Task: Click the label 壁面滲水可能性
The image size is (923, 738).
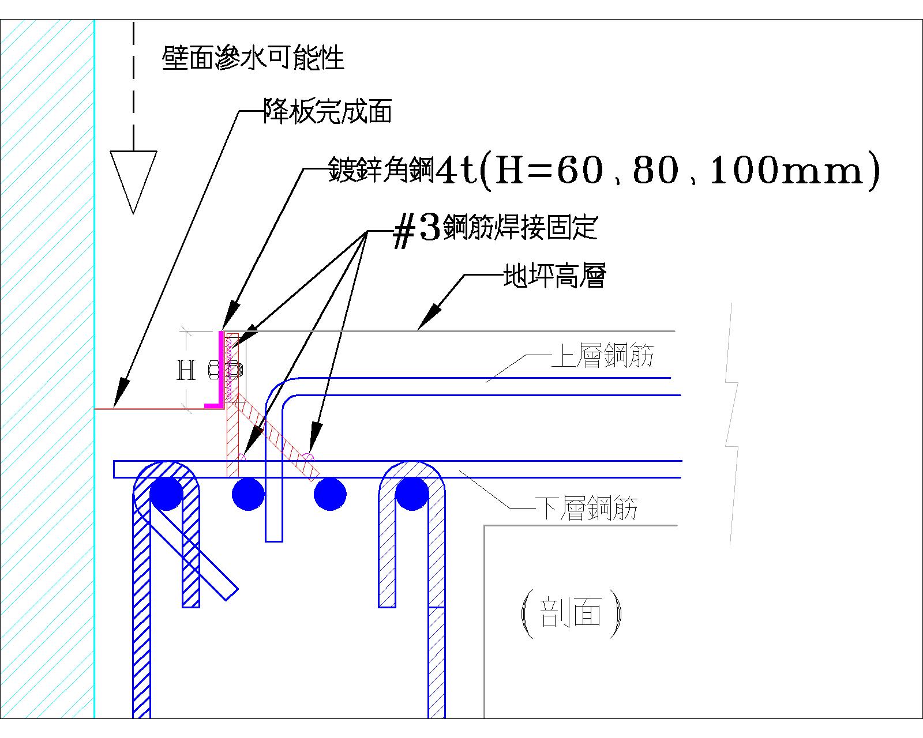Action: coord(253,58)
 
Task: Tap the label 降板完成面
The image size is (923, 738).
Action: coord(327,111)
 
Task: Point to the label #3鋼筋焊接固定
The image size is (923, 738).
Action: coord(494,228)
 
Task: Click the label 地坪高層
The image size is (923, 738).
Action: coord(554,277)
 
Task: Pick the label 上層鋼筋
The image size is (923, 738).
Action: coord(602,356)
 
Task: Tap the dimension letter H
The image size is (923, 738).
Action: coord(185,371)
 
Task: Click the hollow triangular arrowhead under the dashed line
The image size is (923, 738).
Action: coord(133,179)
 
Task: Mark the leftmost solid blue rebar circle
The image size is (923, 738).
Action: coord(166,494)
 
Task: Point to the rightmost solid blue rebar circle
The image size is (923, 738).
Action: coord(411,494)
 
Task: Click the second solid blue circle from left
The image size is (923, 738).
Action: coord(248,494)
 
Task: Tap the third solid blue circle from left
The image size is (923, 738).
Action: coord(330,494)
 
